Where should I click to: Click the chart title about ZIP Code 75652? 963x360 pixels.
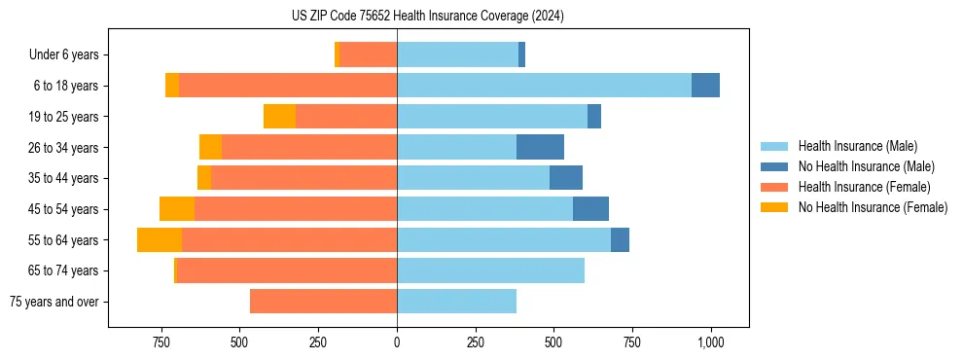pyautogui.click(x=427, y=17)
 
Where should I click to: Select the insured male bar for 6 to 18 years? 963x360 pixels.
pyautogui.click(x=544, y=86)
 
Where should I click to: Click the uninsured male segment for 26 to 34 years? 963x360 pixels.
pyautogui.click(x=540, y=147)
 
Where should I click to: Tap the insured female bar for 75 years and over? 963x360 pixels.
pyautogui.click(x=323, y=302)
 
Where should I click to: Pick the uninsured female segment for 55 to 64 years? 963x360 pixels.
pyautogui.click(x=160, y=240)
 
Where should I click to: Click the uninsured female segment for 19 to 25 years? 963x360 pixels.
pyautogui.click(x=279, y=117)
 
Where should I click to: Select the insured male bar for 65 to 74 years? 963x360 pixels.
pyautogui.click(x=490, y=270)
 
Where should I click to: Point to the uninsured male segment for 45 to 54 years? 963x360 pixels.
pyautogui.click(x=590, y=209)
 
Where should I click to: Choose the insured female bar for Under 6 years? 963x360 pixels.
pyautogui.click(x=369, y=54)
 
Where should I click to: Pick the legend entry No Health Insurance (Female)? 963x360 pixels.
pyautogui.click(x=873, y=207)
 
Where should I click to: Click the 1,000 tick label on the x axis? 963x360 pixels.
pyautogui.click(x=711, y=342)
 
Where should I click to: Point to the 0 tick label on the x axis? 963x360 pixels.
pyautogui.click(x=397, y=342)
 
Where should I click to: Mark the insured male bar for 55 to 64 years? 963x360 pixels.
pyautogui.click(x=504, y=240)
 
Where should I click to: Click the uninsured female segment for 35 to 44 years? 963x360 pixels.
pyautogui.click(x=204, y=178)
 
